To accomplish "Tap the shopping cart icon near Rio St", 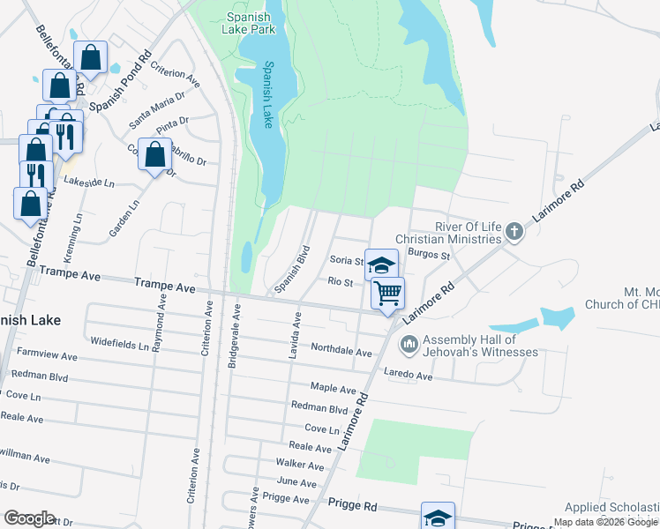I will [x=388, y=294].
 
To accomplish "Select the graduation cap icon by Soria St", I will [x=380, y=264].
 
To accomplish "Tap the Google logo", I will [x=29, y=518].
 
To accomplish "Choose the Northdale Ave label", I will [x=341, y=349].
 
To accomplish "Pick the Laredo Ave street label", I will [x=408, y=376].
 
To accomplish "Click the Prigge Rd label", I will [x=352, y=506].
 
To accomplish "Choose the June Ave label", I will [x=296, y=482].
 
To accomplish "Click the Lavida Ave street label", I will [x=297, y=334].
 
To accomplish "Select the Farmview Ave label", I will [x=49, y=356].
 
